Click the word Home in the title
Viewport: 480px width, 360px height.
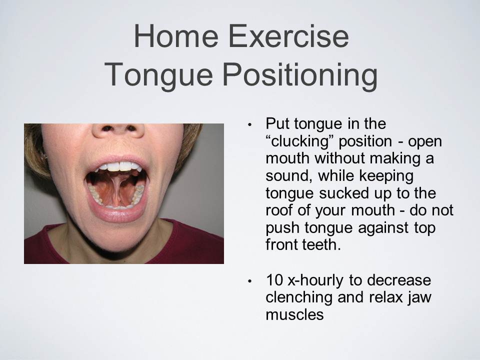coord(176,36)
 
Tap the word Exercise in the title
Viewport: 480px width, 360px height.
coord(288,36)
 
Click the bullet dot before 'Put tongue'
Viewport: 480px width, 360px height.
coord(250,124)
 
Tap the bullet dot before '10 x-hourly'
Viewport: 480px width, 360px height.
coord(250,281)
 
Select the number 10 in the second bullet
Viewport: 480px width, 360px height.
coord(274,280)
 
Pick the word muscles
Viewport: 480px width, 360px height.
coord(295,314)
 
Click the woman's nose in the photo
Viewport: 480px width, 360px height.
coord(118,130)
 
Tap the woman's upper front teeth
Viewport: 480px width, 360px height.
coord(119,166)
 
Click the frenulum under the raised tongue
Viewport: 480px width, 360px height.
coord(117,189)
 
